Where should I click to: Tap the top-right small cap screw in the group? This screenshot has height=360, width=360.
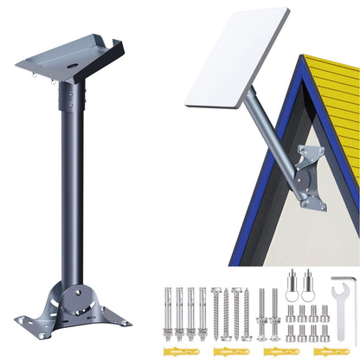point(325,312)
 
